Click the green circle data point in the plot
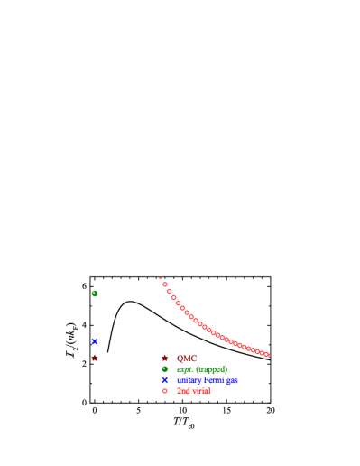pyautogui.click(x=95, y=294)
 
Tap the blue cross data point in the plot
pyautogui.click(x=95, y=341)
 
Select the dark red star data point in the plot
pyautogui.click(x=95, y=358)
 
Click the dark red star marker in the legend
pyautogui.click(x=165, y=358)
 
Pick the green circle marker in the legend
pyautogui.click(x=165, y=368)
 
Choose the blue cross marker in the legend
pyautogui.click(x=165, y=380)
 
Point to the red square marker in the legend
pyautogui.click(x=165, y=391)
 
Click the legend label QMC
pyautogui.click(x=187, y=359)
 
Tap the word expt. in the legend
pyautogui.click(x=185, y=369)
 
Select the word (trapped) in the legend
pyautogui.click(x=211, y=369)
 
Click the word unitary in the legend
pyautogui.click(x=189, y=380)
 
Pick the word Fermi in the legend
pyautogui.click(x=215, y=380)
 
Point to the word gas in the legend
pyautogui.click(x=233, y=380)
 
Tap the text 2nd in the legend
pyautogui.click(x=183, y=391)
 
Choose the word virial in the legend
pyautogui.click(x=200, y=391)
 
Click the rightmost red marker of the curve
pyautogui.click(x=268, y=355)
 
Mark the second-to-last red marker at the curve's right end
pyautogui.click(x=263, y=353)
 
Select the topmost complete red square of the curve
pyautogui.click(x=165, y=284)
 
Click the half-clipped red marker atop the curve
pyautogui.click(x=161, y=278)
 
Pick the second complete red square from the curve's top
pyautogui.click(x=170, y=292)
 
